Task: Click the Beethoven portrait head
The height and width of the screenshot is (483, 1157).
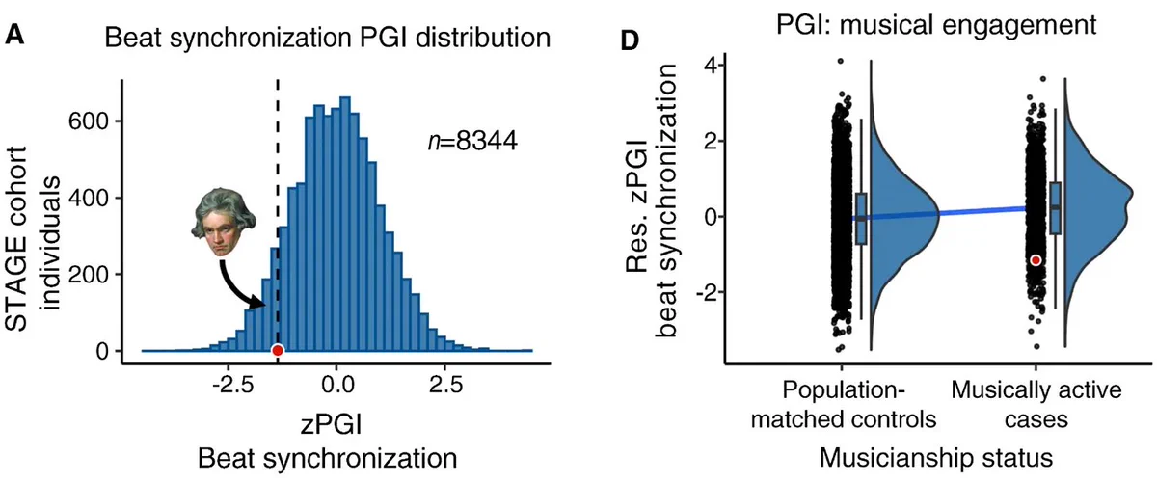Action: click(x=223, y=222)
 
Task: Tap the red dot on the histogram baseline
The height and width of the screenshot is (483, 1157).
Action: click(x=278, y=351)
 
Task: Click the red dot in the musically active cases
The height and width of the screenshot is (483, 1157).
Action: click(x=1036, y=260)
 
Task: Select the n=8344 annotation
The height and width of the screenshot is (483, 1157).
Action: click(x=472, y=141)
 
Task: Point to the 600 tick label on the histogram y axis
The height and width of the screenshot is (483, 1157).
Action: click(x=88, y=121)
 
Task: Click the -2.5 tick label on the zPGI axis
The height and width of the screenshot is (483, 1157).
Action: click(x=233, y=385)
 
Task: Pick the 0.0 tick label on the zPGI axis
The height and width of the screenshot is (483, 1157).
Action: click(x=337, y=385)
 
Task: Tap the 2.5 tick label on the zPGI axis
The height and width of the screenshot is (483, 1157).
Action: click(x=445, y=385)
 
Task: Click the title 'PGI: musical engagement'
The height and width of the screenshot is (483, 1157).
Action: click(x=936, y=25)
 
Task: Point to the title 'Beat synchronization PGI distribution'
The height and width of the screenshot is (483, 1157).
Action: click(x=328, y=39)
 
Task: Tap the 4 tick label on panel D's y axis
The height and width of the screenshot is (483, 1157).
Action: click(x=710, y=66)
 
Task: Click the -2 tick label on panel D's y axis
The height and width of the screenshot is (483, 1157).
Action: click(x=706, y=293)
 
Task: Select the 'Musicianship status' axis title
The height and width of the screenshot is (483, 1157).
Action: click(x=936, y=458)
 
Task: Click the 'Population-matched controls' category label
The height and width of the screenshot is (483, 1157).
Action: click(x=843, y=405)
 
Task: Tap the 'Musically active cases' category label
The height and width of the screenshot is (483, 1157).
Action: click(x=1036, y=405)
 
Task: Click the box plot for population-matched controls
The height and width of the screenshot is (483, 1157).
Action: click(x=861, y=219)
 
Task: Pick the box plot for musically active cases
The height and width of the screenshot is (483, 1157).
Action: click(x=1056, y=207)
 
